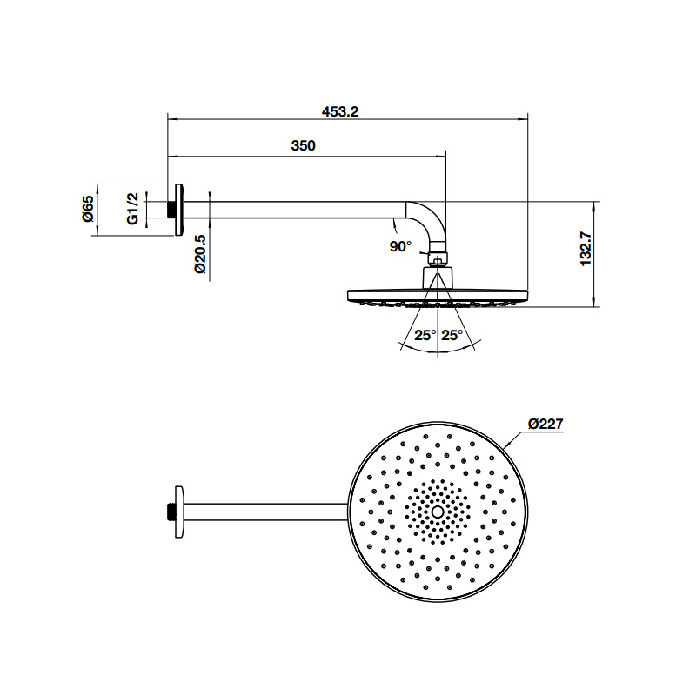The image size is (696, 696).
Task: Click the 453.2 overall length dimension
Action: coord(340,111)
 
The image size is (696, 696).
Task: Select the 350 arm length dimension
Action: coord(303,145)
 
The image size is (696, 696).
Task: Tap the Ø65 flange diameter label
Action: coord(88,209)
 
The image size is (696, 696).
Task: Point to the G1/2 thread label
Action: coord(133,209)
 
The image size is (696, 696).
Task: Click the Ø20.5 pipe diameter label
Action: coord(200,254)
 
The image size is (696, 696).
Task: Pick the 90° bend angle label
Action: coord(400,246)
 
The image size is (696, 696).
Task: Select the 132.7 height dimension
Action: coord(586,249)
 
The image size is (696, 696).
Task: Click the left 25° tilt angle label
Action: coord(425,335)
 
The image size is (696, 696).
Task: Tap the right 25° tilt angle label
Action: coord(452,335)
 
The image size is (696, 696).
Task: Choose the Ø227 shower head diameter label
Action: coord(545,425)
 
